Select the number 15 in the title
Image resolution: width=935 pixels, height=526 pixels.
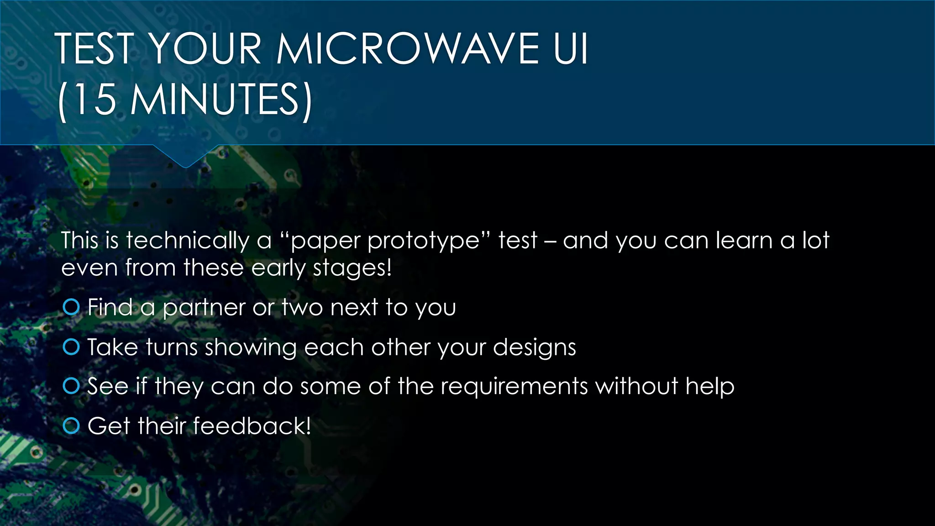(95, 100)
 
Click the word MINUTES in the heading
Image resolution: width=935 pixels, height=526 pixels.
(215, 100)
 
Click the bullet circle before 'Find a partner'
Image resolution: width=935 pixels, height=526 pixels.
(71, 307)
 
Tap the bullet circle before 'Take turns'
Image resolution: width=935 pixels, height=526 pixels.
(71, 347)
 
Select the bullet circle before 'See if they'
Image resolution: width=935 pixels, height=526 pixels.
(71, 386)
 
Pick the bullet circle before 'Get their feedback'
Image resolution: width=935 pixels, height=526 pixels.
(71, 426)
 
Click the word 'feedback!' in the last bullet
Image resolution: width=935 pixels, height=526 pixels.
(252, 426)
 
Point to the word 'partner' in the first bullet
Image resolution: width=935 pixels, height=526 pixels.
(204, 308)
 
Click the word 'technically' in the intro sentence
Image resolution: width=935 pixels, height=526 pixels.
(187, 241)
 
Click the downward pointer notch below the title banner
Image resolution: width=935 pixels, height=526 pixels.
(185, 158)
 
